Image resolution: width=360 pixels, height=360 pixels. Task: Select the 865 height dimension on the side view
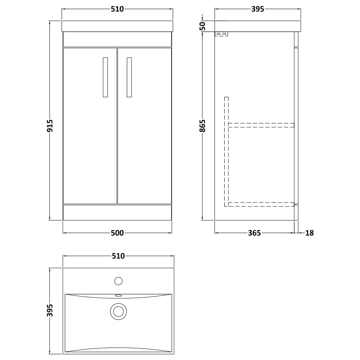click(x=202, y=126)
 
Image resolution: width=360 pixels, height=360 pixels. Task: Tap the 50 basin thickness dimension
click(x=202, y=26)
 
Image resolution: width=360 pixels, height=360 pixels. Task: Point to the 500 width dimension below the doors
click(x=117, y=233)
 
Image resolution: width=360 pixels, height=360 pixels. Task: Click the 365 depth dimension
click(x=254, y=233)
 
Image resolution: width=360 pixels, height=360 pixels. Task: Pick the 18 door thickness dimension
click(x=309, y=233)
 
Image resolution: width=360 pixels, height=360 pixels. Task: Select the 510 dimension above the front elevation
click(x=117, y=9)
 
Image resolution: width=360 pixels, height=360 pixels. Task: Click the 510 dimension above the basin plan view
click(x=118, y=256)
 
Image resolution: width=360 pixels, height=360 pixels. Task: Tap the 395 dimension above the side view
click(x=258, y=9)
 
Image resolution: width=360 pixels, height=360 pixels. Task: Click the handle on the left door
click(x=105, y=77)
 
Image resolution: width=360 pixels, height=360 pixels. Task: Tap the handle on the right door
click(x=129, y=77)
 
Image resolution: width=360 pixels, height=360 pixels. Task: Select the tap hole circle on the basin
click(x=118, y=281)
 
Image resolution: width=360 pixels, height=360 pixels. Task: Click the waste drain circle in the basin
click(x=118, y=311)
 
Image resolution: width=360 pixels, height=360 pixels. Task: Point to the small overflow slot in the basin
click(x=118, y=295)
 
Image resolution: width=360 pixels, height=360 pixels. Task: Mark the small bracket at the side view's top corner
click(x=221, y=34)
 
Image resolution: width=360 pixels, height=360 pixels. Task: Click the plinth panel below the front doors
click(x=117, y=212)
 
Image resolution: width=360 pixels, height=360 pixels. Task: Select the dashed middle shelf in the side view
click(x=261, y=125)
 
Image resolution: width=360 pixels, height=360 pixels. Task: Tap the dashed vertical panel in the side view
click(x=226, y=151)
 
